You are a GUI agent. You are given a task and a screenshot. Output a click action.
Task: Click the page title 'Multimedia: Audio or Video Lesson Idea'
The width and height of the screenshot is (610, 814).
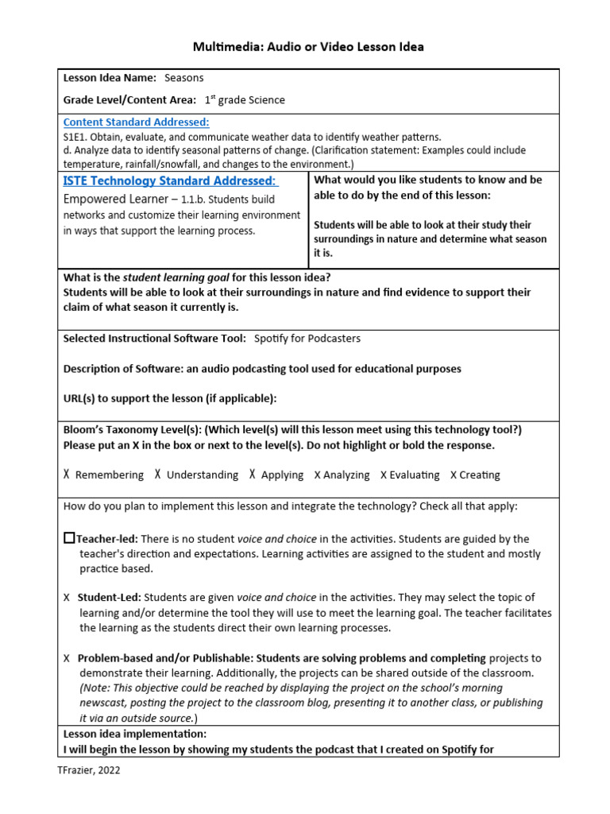pos(308,47)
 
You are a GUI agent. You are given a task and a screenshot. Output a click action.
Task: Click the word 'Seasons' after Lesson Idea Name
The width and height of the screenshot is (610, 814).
pos(184,78)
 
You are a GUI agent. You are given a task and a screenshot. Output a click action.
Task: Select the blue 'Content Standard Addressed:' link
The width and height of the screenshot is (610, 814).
pos(136,122)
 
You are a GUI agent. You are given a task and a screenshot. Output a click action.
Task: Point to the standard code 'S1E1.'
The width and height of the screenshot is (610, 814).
pos(77,137)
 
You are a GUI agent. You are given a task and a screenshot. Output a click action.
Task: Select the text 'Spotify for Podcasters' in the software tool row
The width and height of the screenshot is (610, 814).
pos(307,338)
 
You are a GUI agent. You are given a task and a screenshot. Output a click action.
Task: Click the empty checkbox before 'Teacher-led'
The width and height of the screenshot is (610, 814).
pos(69,538)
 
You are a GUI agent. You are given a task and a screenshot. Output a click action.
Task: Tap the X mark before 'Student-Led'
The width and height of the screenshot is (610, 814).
pos(67,597)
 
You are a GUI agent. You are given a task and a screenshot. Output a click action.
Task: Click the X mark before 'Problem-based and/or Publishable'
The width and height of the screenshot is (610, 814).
pos(67,658)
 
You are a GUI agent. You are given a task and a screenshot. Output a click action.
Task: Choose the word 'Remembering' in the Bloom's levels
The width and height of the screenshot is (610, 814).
pos(110,475)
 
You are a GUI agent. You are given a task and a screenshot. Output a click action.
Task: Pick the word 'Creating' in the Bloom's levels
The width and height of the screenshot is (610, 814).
pos(480,475)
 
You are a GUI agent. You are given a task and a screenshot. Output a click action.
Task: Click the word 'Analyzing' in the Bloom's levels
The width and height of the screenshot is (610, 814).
pos(346,475)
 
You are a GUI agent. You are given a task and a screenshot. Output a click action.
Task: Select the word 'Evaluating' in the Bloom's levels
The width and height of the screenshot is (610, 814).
pos(413,475)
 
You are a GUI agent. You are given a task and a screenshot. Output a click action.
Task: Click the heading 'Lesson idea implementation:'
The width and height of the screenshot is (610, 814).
pos(135,734)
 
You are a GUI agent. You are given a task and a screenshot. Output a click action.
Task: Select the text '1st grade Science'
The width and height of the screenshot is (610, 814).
pos(245,100)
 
